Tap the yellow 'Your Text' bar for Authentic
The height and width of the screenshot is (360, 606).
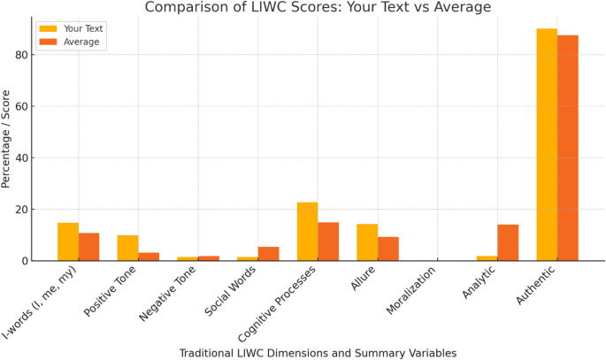pyautogui.click(x=547, y=145)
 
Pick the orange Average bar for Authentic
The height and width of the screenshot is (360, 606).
pyautogui.click(x=568, y=149)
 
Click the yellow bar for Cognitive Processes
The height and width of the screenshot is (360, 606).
pyautogui.click(x=307, y=232)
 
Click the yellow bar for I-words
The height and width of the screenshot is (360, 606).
pyautogui.click(x=68, y=241)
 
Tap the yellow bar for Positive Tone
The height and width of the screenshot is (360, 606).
pyautogui.click(x=128, y=248)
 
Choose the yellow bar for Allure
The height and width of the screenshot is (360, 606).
pyautogui.click(x=367, y=242)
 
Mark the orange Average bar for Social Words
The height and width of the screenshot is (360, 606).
pyautogui.click(x=268, y=254)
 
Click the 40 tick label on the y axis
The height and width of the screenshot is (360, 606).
pyautogui.click(x=21, y=158)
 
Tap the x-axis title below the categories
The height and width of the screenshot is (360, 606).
pyautogui.click(x=318, y=353)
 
